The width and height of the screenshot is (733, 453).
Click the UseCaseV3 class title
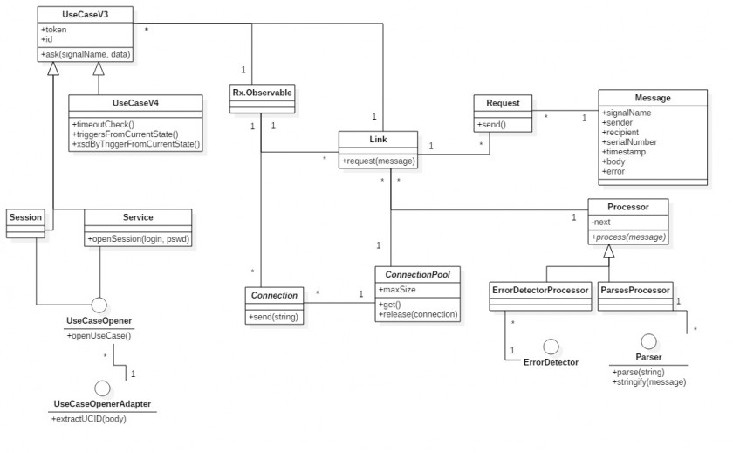[86, 15]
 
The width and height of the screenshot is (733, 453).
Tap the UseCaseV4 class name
[135, 103]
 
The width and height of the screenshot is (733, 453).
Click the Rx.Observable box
[262, 91]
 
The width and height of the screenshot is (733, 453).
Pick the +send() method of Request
[492, 125]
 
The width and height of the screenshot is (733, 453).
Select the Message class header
[652, 97]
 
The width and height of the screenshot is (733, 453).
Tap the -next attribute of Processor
[601, 223]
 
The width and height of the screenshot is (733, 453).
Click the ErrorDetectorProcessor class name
[539, 290]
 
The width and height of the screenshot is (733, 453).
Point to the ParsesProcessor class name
[634, 290]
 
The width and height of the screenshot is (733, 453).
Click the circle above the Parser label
[648, 341]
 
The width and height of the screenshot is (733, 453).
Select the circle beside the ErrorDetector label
[551, 347]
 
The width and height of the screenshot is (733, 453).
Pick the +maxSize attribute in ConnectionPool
[397, 289]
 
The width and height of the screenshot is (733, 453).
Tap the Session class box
[25, 217]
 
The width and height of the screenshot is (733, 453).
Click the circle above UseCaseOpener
[99, 305]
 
